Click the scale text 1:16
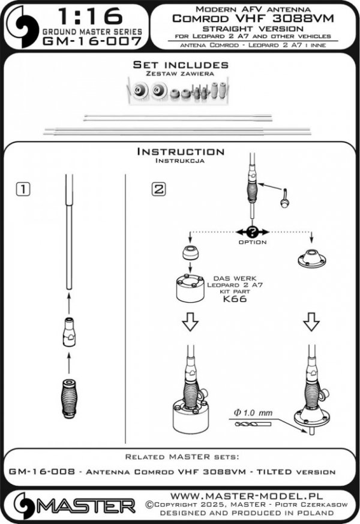[90, 16]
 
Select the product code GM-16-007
[92, 41]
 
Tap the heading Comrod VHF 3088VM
[253, 19]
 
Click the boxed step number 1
[23, 189]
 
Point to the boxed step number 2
[158, 189]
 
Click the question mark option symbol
[252, 231]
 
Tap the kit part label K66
[235, 299]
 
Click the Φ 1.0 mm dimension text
[253, 413]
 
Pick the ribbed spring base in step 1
[69, 395]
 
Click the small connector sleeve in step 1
[69, 332]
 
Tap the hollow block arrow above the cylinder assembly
[190, 321]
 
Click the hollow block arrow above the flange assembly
[311, 321]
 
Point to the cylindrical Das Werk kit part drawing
[190, 288]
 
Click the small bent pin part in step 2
[284, 198]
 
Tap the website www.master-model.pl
[247, 496]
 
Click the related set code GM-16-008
[42, 471]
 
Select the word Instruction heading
[181, 152]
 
